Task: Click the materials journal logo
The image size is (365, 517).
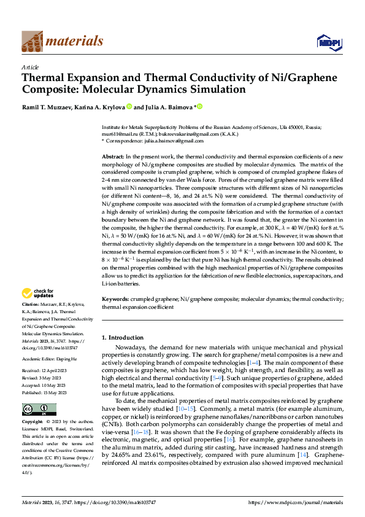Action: [x=62, y=41]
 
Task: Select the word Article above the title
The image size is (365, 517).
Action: [x=30, y=68]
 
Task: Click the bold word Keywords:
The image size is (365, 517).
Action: [x=115, y=298]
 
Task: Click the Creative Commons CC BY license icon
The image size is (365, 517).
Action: [x=39, y=409]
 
